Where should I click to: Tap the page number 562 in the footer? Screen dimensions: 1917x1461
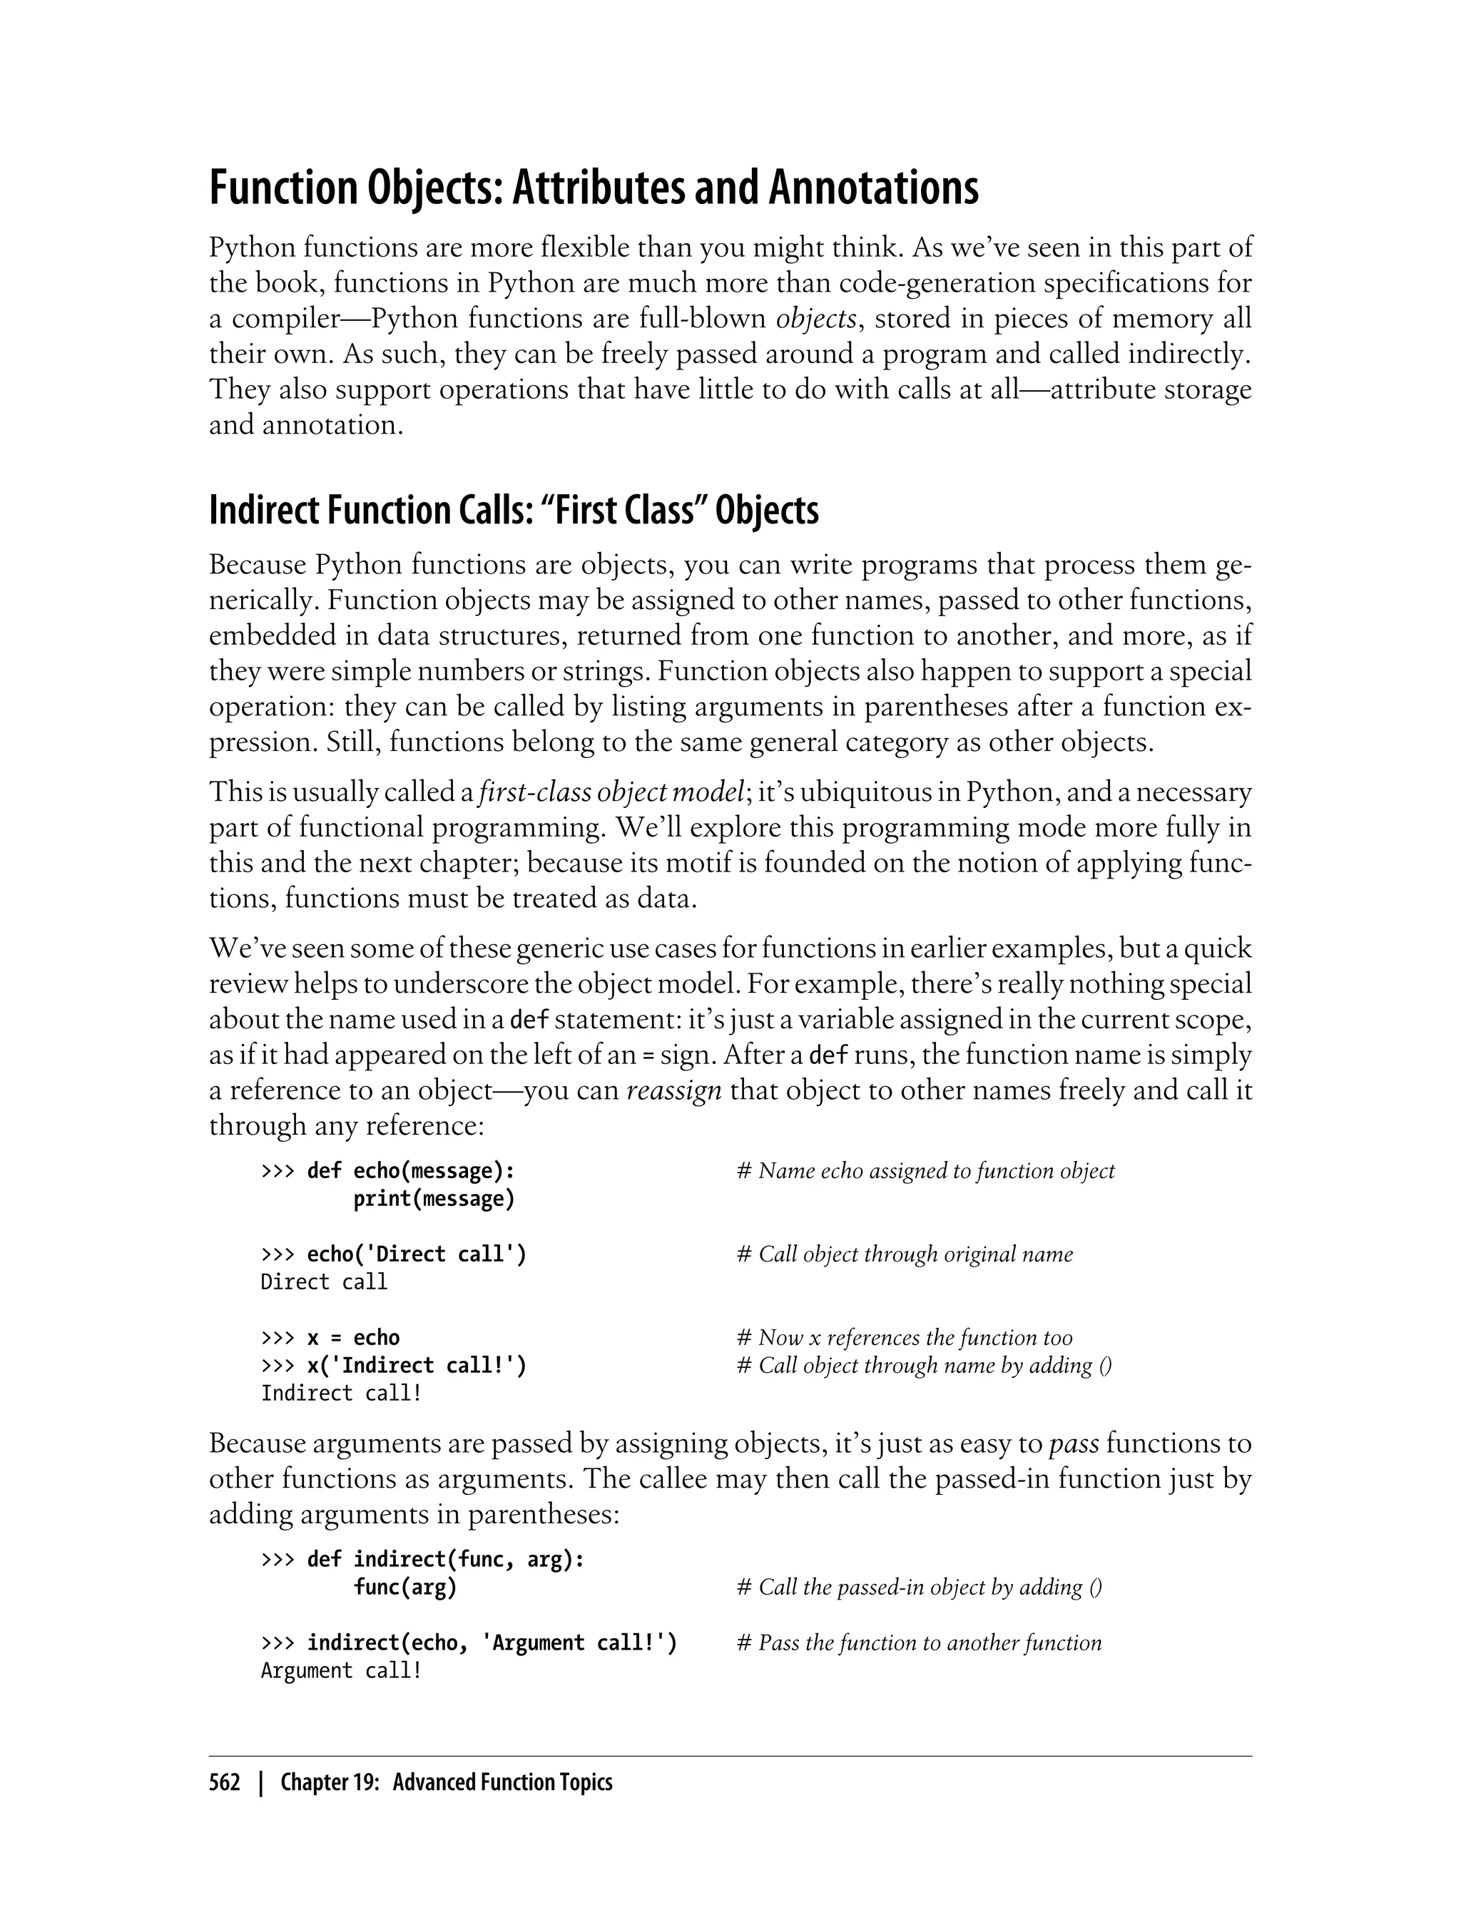225,1783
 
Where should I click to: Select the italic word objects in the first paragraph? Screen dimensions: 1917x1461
815,319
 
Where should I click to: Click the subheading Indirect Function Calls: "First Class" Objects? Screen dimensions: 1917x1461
513,511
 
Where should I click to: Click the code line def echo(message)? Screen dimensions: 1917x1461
410,1171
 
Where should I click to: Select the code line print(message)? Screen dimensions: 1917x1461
434,1199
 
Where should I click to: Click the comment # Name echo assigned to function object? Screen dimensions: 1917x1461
925,1171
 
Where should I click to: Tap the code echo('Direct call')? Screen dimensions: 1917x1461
417,1254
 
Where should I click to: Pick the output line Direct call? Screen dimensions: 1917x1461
323,1282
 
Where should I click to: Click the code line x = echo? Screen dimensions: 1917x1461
353,1338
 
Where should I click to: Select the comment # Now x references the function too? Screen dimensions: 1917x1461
905,1338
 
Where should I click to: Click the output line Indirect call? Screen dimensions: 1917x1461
341,1394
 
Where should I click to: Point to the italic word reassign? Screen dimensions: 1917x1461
674,1090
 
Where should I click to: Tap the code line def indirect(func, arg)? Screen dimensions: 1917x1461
445,1560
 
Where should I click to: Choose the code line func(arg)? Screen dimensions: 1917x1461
404,1588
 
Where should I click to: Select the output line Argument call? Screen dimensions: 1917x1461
341,1671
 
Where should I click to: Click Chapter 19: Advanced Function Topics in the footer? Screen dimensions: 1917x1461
446,1783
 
